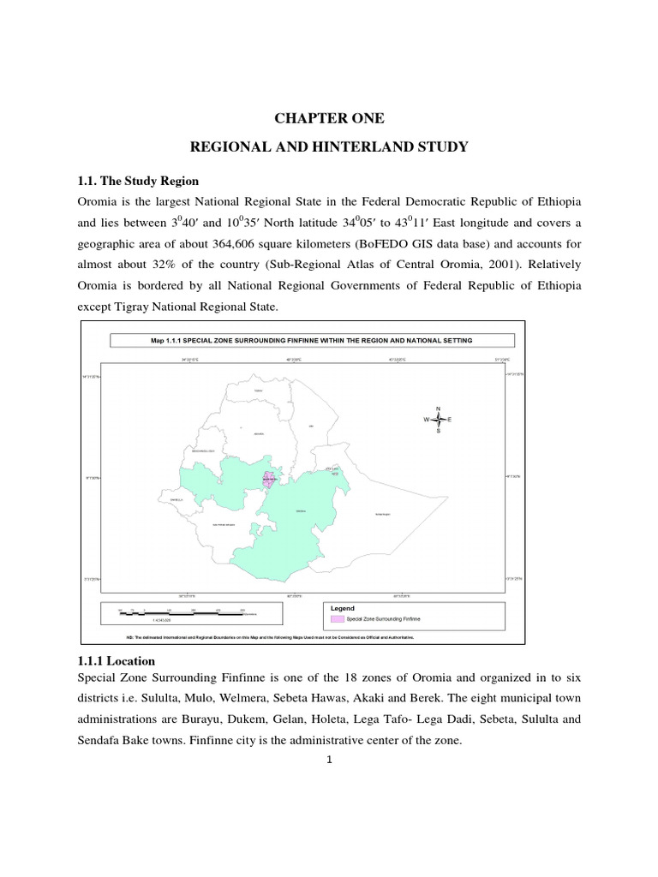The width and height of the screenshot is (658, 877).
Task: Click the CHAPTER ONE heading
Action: click(328, 119)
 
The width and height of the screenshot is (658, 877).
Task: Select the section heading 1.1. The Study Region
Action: click(140, 181)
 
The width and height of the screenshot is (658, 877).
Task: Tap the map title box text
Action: click(312, 341)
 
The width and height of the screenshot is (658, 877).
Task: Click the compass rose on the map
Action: click(438, 420)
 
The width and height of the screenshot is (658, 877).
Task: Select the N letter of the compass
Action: click(438, 408)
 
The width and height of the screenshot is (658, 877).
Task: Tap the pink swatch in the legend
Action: click(338, 617)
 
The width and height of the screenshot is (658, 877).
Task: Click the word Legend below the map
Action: click(343, 607)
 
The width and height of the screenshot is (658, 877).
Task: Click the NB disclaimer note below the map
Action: click(270, 637)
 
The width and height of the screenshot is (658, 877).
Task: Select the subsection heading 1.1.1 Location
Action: click(117, 661)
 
